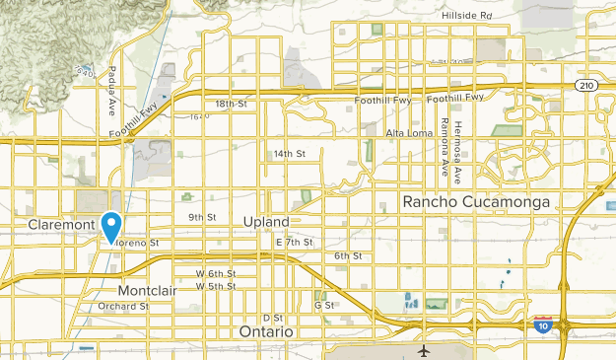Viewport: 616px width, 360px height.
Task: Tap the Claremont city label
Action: coord(60,225)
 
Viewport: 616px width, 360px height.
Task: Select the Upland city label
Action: coord(266,223)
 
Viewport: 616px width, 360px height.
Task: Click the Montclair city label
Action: coord(148,291)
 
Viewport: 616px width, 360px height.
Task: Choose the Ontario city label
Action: coord(266,332)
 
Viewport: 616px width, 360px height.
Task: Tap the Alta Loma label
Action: coord(409,132)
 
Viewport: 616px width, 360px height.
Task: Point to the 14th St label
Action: coord(290,154)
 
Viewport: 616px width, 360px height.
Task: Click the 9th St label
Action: coord(201,217)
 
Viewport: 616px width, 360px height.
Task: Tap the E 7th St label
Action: coord(294,242)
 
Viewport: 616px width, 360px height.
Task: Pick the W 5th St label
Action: coord(216,286)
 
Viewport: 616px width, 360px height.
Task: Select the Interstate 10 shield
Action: coord(541,324)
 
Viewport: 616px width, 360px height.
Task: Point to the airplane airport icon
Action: coord(424,350)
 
